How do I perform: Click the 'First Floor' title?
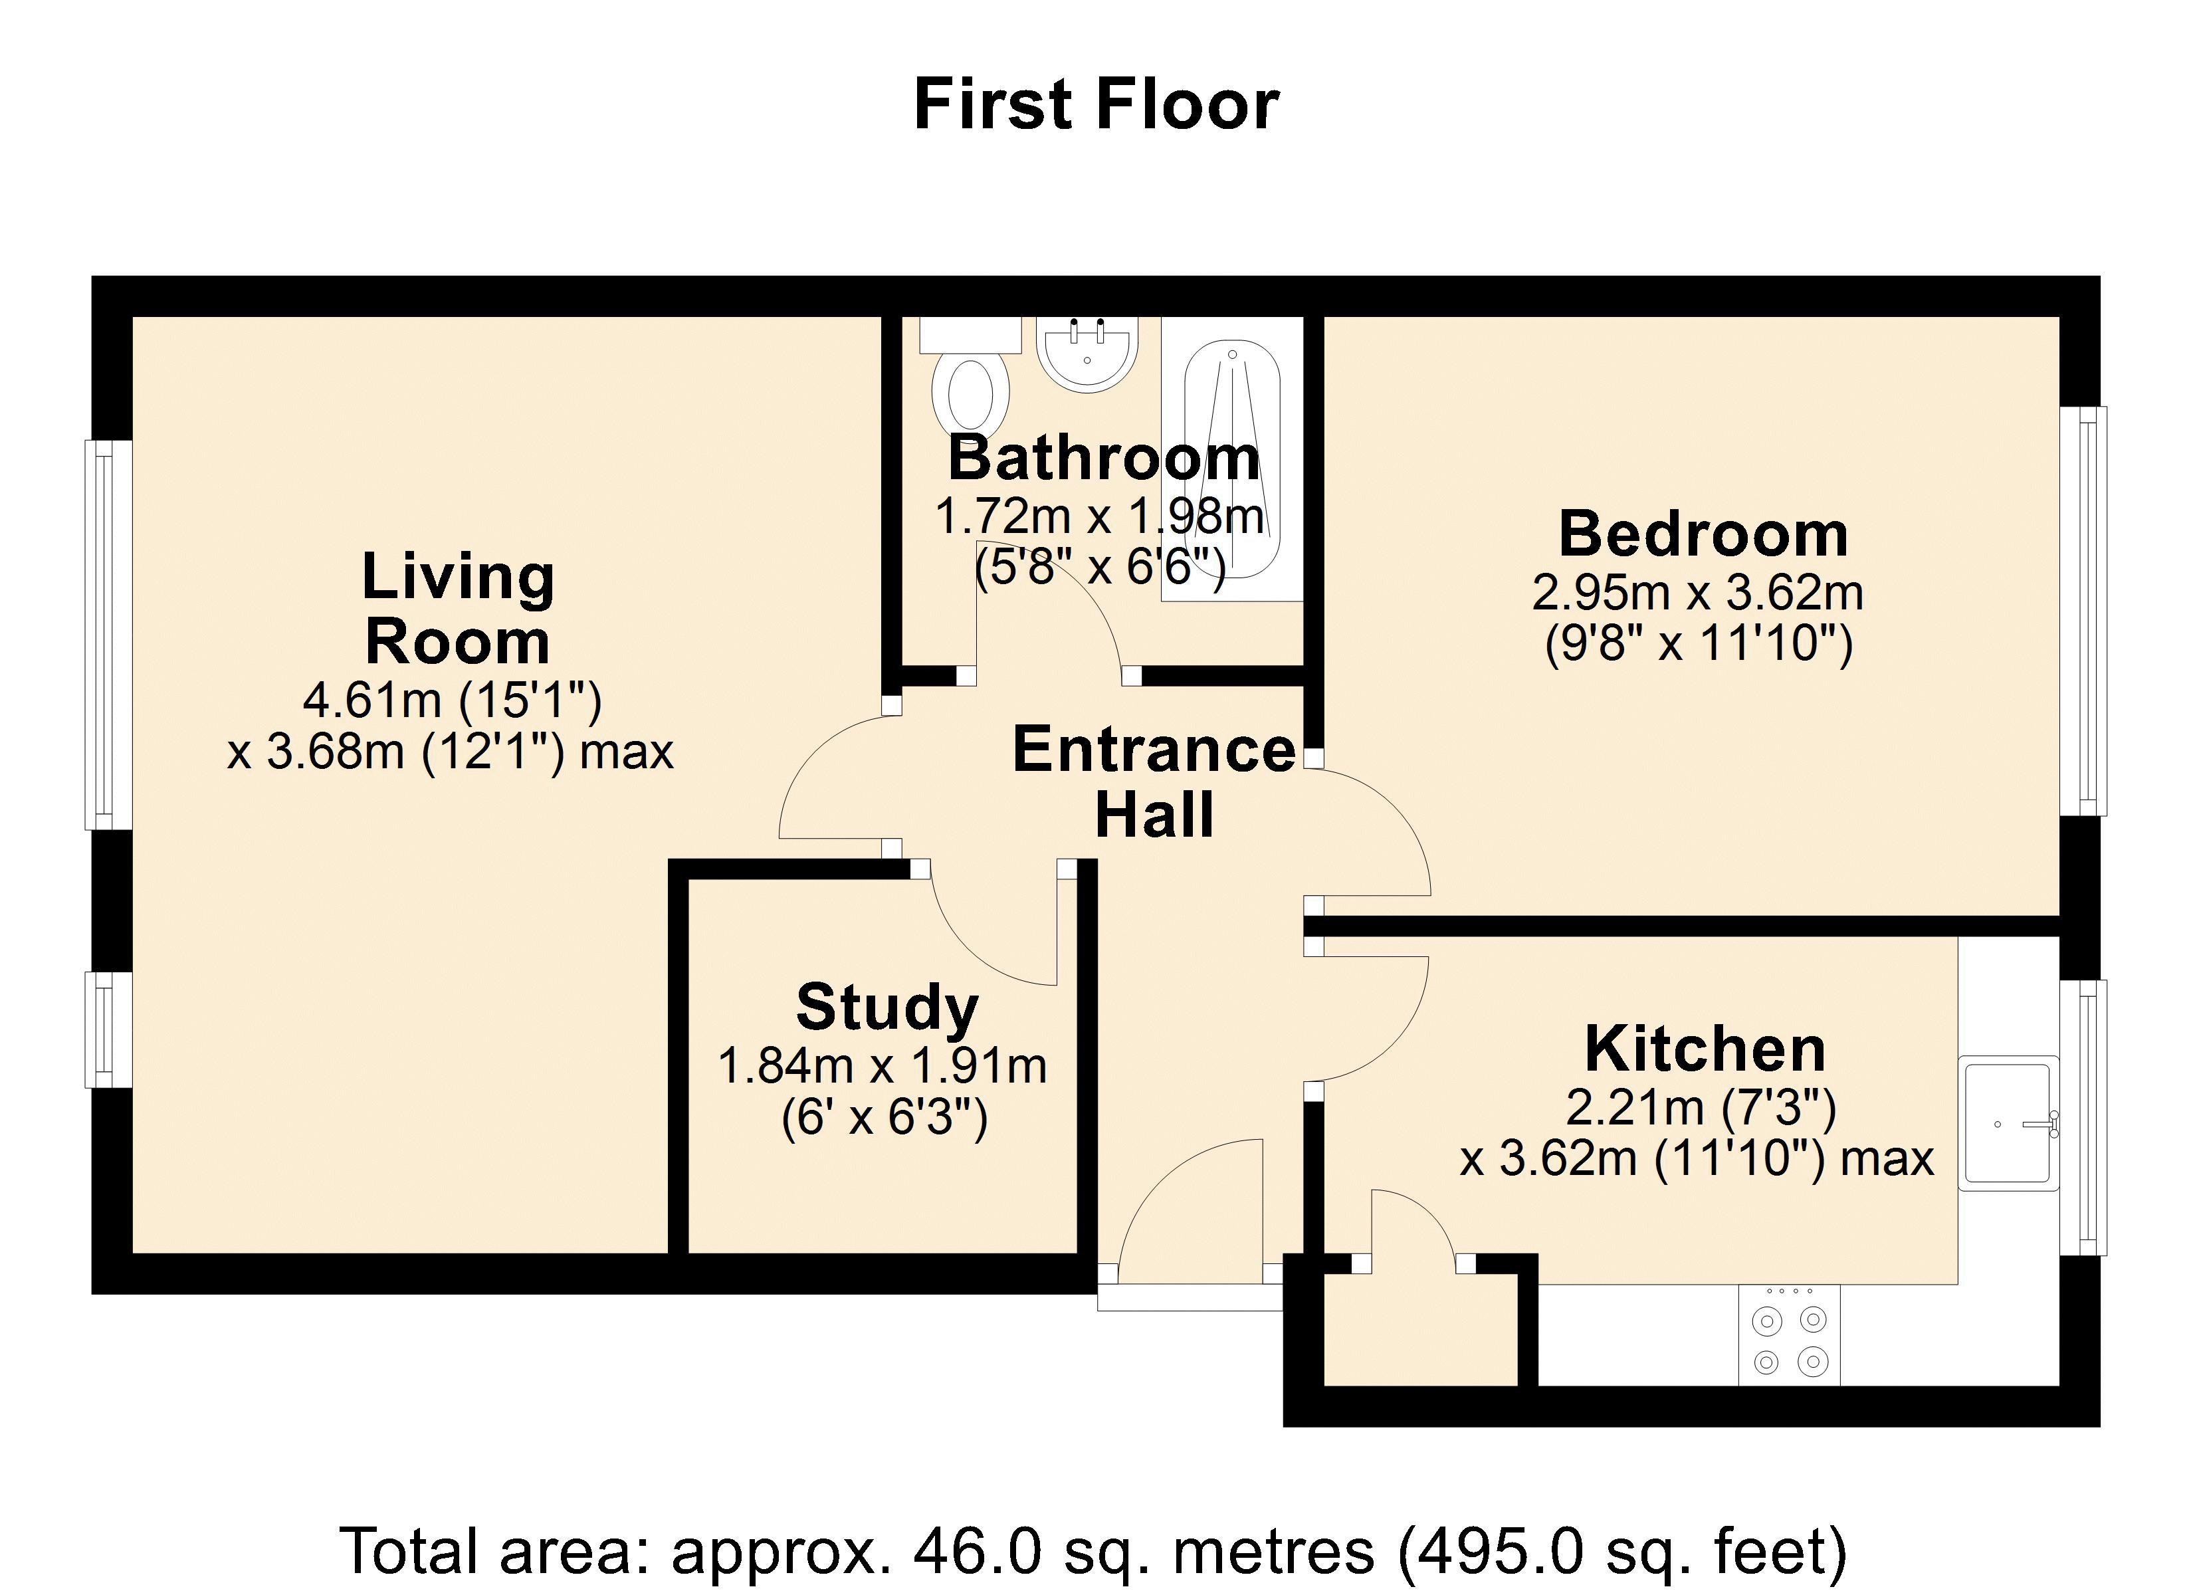[1096, 104]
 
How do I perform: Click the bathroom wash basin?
[1088, 354]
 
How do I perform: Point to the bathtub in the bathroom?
[1233, 459]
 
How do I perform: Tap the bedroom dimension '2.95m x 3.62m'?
[1698, 593]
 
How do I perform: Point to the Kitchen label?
[1706, 1049]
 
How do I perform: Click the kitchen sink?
[2008, 1123]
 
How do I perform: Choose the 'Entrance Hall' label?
[1154, 782]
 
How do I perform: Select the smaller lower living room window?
[108, 1029]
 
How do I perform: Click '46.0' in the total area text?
[978, 1550]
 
